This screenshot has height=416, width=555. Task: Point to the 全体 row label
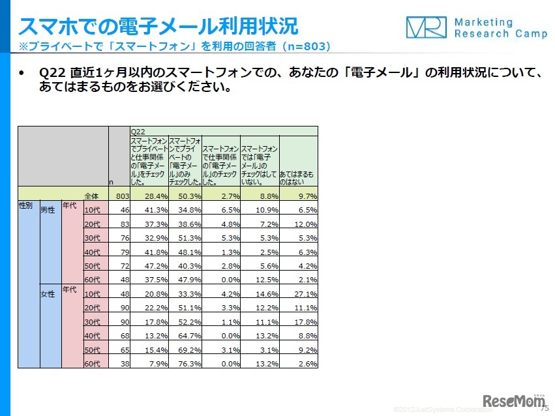(91, 196)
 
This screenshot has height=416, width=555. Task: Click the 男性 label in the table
(48, 210)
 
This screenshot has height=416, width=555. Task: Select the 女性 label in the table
(48, 293)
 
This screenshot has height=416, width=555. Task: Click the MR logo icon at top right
(427, 27)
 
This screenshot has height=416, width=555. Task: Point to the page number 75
(545, 409)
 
